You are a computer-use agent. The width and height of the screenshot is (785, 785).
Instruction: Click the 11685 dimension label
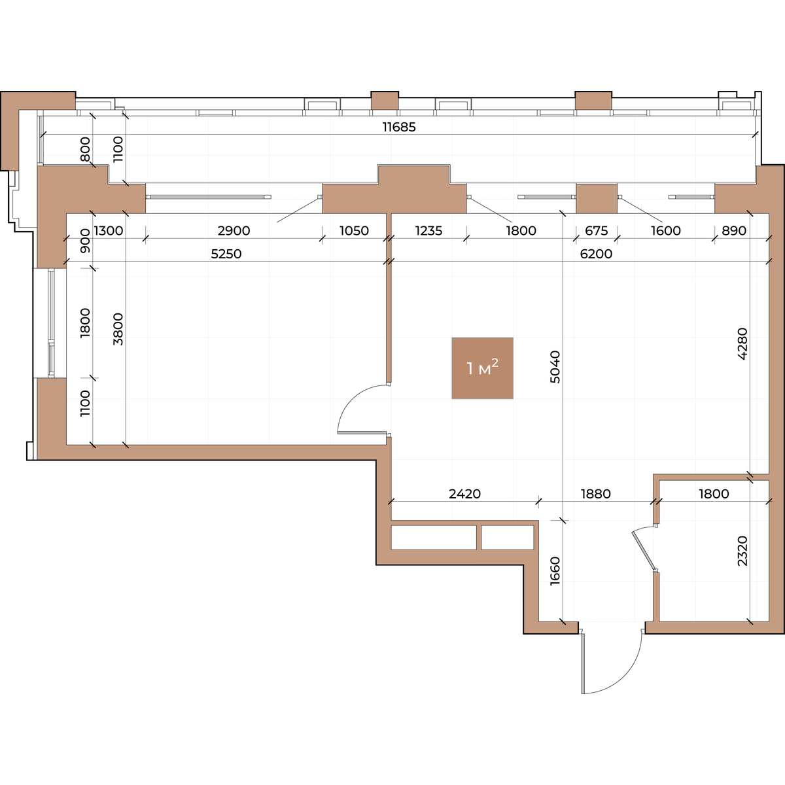point(399,127)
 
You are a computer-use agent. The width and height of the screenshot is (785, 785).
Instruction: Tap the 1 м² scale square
point(482,368)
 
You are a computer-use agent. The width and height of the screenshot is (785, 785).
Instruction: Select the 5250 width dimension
point(226,254)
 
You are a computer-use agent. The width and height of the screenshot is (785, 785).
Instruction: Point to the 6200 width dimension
point(596,254)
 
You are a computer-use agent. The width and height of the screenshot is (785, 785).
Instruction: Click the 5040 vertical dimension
point(555,366)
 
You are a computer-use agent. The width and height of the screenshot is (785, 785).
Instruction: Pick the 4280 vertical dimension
point(742,343)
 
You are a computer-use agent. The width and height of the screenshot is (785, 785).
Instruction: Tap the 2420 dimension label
point(465,494)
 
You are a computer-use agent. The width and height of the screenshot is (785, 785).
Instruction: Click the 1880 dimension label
point(595,494)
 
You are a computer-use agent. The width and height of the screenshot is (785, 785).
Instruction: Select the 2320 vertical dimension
point(742,551)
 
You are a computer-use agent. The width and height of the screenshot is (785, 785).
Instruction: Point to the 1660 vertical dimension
point(555,571)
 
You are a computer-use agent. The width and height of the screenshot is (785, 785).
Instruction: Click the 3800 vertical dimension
point(118,329)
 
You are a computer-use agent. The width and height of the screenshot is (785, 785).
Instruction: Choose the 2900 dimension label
point(234,231)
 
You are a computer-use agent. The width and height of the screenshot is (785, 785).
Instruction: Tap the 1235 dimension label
point(428,231)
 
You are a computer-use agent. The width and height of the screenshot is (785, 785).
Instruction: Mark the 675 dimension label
point(597,231)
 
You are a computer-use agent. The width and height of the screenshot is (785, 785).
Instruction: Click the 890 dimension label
point(734,231)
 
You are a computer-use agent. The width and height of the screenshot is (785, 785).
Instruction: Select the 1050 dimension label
point(354,231)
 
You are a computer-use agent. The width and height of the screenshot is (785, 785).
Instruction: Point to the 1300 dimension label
point(109,231)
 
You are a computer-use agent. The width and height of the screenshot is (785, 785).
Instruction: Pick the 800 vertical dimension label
point(85,149)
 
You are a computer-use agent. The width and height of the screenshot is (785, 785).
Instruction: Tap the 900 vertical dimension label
point(85,241)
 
